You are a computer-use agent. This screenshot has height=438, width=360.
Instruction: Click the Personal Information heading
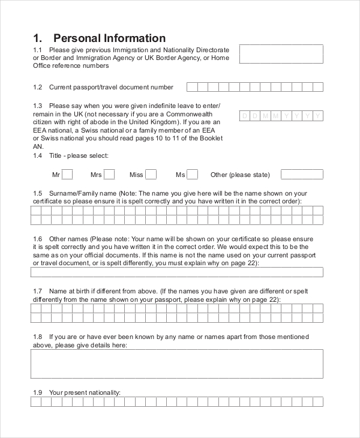[99, 38]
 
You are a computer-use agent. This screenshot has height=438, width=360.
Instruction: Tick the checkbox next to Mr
[67, 175]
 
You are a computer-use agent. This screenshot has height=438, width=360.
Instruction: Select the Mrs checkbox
[109, 175]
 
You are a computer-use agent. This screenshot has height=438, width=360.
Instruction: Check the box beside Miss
[151, 175]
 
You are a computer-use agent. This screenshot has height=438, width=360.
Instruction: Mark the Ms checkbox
[192, 175]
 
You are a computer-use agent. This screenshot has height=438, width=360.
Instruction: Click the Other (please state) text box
[302, 175]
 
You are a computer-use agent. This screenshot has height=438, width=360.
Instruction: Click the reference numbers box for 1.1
[281, 53]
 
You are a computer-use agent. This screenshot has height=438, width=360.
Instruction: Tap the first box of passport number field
[191, 87]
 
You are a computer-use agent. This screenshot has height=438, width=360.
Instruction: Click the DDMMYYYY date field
[281, 116]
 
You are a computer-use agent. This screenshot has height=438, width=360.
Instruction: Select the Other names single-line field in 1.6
[176, 272]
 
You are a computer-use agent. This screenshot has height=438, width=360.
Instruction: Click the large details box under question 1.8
[176, 364]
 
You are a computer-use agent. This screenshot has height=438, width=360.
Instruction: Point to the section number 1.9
[38, 392]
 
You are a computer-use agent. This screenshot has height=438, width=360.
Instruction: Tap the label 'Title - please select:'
[79, 155]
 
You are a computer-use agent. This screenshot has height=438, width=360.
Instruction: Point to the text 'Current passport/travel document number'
[111, 87]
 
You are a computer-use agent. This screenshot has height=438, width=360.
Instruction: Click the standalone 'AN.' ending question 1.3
[38, 146]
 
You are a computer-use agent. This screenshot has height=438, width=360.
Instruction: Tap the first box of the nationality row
[35, 402]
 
